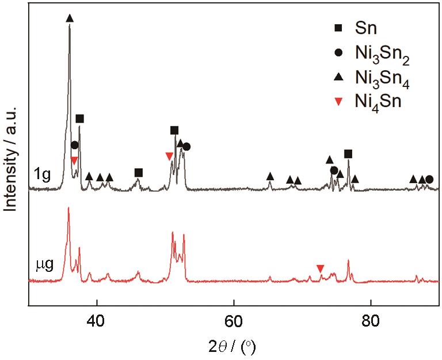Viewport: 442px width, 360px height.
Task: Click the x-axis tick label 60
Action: (x=234, y=320)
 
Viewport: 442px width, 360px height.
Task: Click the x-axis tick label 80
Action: (x=371, y=320)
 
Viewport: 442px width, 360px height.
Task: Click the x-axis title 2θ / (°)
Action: (x=234, y=347)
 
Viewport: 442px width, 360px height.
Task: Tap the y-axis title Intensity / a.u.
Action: (x=10, y=155)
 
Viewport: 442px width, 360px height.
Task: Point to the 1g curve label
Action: (x=43, y=176)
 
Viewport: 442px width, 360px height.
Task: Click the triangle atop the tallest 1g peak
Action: (x=70, y=18)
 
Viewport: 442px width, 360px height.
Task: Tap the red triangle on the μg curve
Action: (x=321, y=268)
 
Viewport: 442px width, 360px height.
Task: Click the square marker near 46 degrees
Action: (x=138, y=172)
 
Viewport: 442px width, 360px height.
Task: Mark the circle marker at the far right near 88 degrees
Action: (x=429, y=179)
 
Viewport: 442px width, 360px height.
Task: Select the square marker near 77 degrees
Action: (x=348, y=153)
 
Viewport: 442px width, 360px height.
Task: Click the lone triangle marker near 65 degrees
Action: (x=270, y=176)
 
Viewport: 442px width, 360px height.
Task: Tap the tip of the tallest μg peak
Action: (x=68, y=208)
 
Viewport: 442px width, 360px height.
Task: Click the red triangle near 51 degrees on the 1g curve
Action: (x=169, y=156)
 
